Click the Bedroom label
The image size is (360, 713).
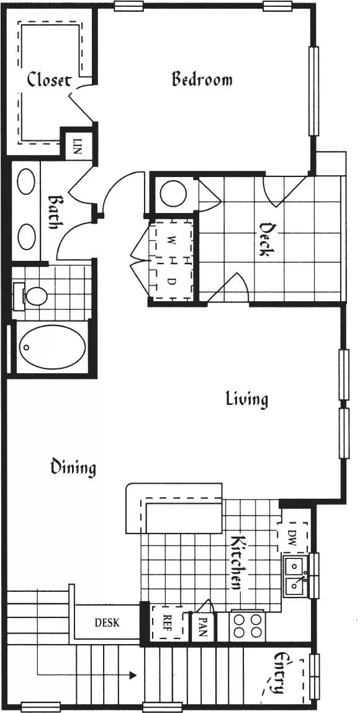[x=202, y=79]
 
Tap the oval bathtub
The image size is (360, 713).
[x=53, y=347]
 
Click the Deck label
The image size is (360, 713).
[x=265, y=239]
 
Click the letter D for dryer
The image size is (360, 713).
[x=172, y=281]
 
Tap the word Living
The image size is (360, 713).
[x=246, y=399]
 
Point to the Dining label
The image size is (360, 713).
[x=73, y=467]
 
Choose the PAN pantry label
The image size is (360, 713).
[x=203, y=627]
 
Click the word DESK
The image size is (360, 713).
[x=107, y=622]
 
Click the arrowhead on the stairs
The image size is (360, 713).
[x=133, y=674]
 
